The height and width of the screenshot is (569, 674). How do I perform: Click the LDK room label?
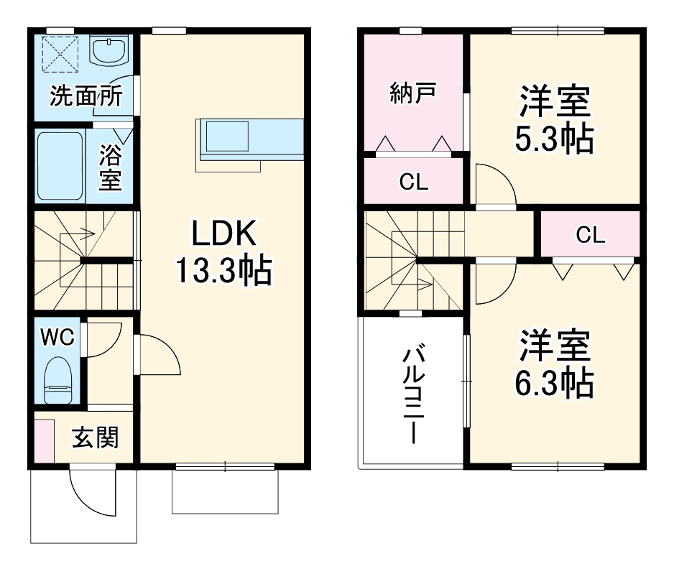coord(223,235)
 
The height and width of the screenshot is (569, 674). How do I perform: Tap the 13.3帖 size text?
coord(223,271)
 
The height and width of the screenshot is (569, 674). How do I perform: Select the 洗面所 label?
coord(86,97)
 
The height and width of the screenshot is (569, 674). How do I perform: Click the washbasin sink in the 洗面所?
coord(109,51)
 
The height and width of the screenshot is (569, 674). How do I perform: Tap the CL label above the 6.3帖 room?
coord(590,235)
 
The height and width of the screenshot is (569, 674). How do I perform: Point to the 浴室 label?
coord(110,167)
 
